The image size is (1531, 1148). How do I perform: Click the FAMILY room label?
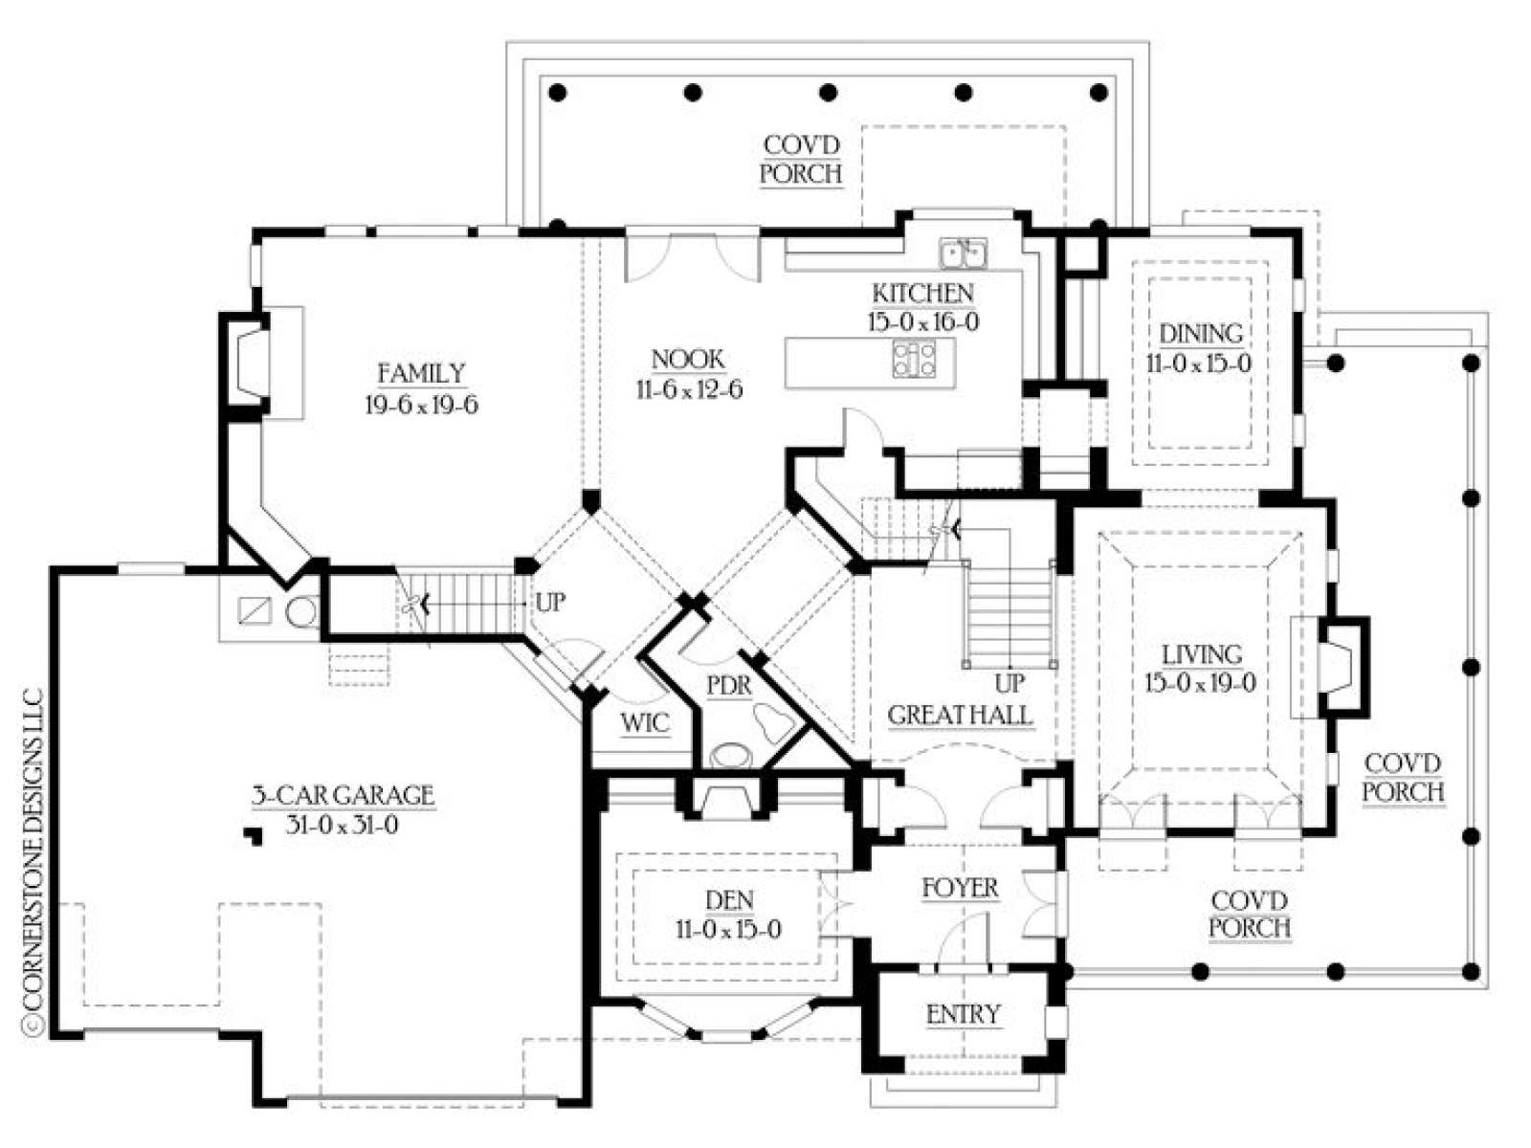tap(421, 374)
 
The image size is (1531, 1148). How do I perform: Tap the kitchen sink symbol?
tap(963, 253)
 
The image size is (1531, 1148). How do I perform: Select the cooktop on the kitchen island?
tap(914, 360)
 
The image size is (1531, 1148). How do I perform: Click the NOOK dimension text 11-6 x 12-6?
tap(689, 389)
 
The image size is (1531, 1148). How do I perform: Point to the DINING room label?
tap(1200, 334)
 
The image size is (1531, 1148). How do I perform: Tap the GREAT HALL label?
tap(960, 716)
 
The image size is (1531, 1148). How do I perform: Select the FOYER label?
tap(960, 888)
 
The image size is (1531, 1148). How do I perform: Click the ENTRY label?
tap(964, 1015)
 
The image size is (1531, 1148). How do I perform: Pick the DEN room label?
tap(729, 900)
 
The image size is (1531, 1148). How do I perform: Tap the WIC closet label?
tap(645, 723)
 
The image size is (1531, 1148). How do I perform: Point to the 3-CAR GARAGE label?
tap(344, 795)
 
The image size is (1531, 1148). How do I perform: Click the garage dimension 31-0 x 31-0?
tap(342, 826)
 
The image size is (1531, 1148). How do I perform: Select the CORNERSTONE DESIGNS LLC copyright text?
tap(33, 859)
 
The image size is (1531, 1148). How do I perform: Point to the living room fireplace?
tap(1342, 667)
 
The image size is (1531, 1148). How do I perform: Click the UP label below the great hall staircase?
tap(1010, 683)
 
